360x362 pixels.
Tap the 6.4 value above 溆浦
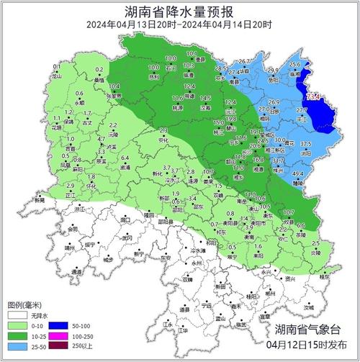[x=125, y=158]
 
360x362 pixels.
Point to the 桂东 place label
[x=325, y=275]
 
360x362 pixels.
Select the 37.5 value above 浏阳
[x=306, y=144]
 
